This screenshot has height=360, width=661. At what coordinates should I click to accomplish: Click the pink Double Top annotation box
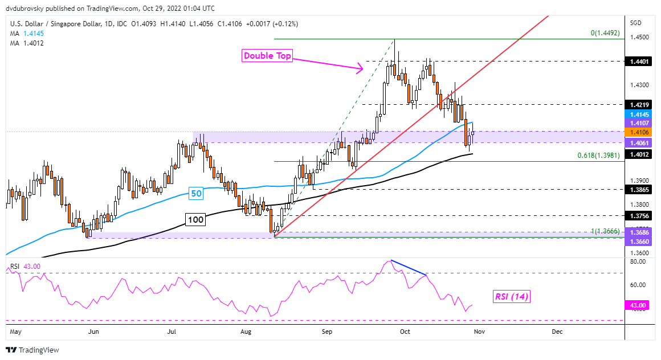pos(267,56)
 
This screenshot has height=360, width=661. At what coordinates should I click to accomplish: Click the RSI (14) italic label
pos(511,296)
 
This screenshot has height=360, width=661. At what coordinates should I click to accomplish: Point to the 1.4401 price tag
pos(637,61)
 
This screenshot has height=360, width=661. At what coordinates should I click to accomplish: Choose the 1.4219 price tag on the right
pos(637,105)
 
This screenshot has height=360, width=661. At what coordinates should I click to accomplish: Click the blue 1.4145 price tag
pos(637,114)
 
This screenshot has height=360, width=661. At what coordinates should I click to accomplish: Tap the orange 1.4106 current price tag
pos(637,132)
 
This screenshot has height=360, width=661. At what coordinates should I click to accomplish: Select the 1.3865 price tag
pos(637,189)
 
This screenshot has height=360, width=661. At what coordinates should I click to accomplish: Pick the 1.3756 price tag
pos(637,216)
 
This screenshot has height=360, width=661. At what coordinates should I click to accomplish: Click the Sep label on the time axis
pos(327,331)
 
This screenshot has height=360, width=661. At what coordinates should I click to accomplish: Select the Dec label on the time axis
pos(557,331)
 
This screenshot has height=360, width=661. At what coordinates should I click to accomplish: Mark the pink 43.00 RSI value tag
pos(637,306)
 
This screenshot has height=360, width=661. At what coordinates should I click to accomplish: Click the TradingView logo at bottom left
pos(32,350)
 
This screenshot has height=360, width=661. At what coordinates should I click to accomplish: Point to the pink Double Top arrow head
pos(361,70)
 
